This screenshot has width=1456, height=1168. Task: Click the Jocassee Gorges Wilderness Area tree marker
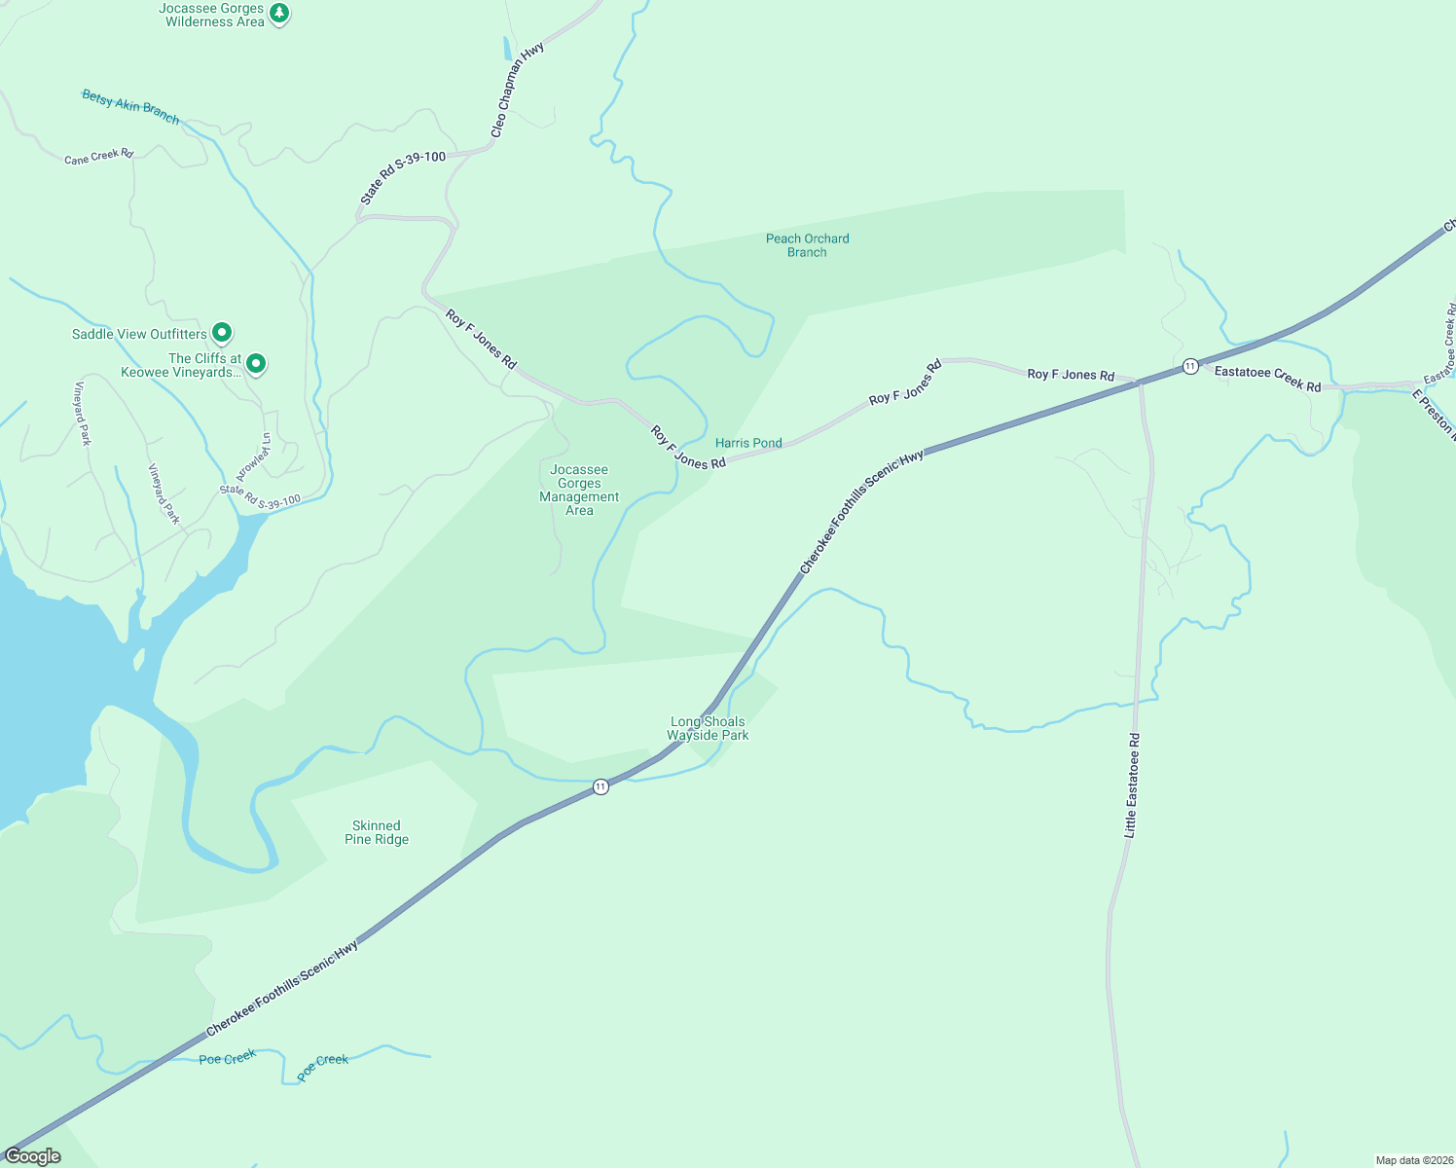tap(279, 14)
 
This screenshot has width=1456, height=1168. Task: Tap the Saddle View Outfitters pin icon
tap(222, 334)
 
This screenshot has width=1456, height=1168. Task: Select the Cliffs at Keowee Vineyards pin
tap(256, 364)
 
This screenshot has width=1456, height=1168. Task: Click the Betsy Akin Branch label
tap(130, 106)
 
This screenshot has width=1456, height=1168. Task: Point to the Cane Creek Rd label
tap(98, 157)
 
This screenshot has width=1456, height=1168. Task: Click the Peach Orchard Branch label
tap(807, 245)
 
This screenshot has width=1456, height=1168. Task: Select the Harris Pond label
tap(748, 443)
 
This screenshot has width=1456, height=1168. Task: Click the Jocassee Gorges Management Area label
tap(579, 490)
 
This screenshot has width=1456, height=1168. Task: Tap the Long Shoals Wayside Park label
tap(708, 728)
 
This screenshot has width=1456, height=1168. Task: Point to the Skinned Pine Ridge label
tap(377, 832)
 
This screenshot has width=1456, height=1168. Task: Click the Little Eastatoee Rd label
tap(1131, 785)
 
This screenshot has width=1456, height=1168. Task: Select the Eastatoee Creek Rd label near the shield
tap(1267, 379)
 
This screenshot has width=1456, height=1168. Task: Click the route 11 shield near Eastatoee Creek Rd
tap(1190, 366)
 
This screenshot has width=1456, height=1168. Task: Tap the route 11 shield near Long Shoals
tap(601, 786)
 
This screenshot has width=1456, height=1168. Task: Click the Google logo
tap(33, 1156)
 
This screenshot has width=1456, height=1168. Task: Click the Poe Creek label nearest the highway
tap(228, 1058)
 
